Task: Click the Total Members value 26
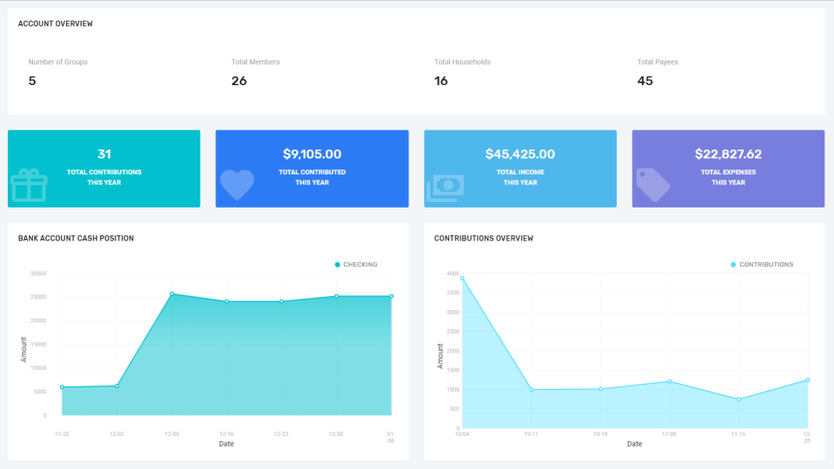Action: click(x=239, y=81)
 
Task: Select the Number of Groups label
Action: click(x=57, y=63)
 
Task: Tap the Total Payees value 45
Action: click(x=645, y=81)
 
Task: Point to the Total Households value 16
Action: click(x=441, y=81)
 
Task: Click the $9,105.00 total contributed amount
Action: click(x=312, y=155)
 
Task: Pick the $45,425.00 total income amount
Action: click(x=520, y=155)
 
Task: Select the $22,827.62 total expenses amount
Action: click(x=728, y=155)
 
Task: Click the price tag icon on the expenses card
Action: click(x=653, y=184)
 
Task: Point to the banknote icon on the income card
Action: click(x=445, y=188)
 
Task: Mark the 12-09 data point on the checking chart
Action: click(x=172, y=294)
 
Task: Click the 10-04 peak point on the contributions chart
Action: click(x=462, y=279)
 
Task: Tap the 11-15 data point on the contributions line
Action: click(x=738, y=400)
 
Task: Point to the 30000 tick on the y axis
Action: click(x=37, y=274)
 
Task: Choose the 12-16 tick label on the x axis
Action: click(x=226, y=433)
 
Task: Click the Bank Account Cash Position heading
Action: click(x=76, y=238)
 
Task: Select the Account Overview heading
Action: click(x=56, y=24)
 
